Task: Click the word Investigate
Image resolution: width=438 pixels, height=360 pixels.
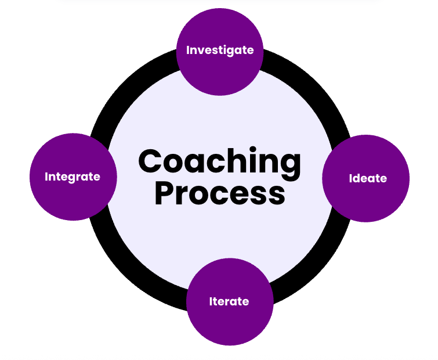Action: click(x=220, y=51)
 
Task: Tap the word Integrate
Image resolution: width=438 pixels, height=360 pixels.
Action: click(x=73, y=177)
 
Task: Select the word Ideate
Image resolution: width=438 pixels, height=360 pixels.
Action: click(x=367, y=178)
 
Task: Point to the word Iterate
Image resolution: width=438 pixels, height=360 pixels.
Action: click(x=229, y=302)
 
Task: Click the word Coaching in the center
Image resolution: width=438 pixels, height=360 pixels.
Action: click(x=220, y=161)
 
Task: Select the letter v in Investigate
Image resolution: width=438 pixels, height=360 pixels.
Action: click(x=201, y=51)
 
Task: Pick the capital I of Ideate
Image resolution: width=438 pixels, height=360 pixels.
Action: click(x=350, y=178)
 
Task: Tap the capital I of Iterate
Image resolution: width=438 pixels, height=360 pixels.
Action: click(x=211, y=302)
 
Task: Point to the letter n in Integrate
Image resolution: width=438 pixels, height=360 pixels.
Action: click(x=52, y=177)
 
